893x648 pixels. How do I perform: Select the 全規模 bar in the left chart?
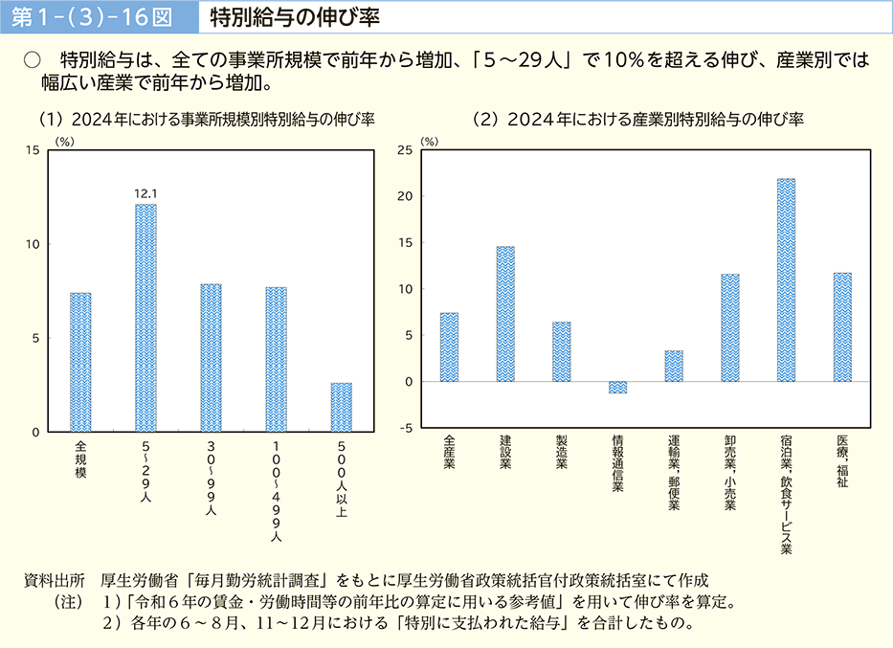click(x=80, y=362)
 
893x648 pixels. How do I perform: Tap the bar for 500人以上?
click(x=342, y=407)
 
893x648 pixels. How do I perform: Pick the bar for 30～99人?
click(x=211, y=358)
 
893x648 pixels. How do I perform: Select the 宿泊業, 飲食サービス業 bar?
click(x=786, y=279)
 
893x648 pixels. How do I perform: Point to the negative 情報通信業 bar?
click(x=617, y=388)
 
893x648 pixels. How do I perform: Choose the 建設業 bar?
click(x=505, y=314)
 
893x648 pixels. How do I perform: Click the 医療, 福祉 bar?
click(x=842, y=326)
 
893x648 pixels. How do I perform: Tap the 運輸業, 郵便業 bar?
click(x=674, y=366)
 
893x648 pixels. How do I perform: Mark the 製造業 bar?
click(x=562, y=351)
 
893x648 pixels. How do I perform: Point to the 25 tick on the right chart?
click(x=405, y=150)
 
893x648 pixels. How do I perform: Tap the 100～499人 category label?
click(x=276, y=490)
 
